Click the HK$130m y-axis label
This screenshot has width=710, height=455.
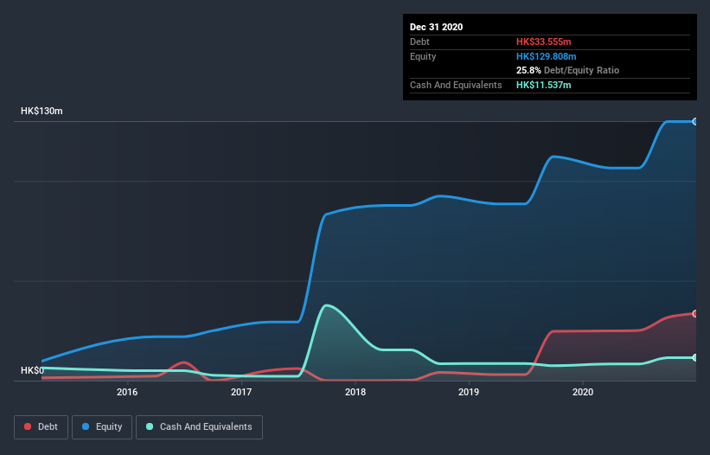coord(42,112)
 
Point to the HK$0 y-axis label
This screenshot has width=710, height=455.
coord(33,371)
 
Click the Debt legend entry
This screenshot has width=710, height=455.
coord(42,426)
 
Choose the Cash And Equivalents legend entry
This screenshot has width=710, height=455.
coord(199,426)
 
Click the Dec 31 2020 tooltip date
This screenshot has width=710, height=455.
coord(437,27)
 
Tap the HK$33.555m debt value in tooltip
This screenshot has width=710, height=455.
coord(544,42)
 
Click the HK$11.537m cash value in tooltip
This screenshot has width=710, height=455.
coord(544,85)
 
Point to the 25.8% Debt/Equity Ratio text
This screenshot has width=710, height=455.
coord(567,70)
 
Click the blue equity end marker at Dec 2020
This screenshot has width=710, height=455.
coord(695,121)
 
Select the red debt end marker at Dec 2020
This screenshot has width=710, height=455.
coord(695,313)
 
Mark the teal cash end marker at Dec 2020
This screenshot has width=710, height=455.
coord(695,357)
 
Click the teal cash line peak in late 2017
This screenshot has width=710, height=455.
coord(325,305)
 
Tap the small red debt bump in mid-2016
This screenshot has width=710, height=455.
coord(183,362)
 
